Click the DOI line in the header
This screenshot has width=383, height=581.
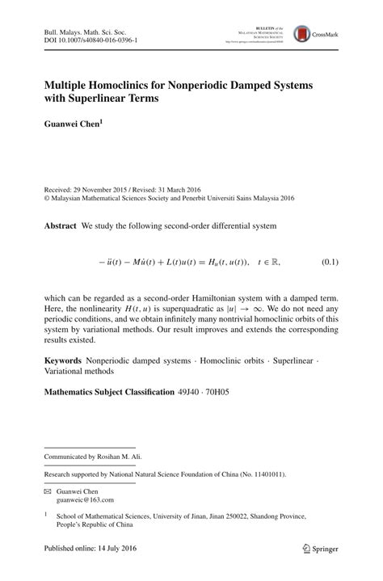[90, 40]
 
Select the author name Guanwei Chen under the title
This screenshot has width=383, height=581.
[73, 125]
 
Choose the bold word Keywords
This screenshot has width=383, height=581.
[65, 360]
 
